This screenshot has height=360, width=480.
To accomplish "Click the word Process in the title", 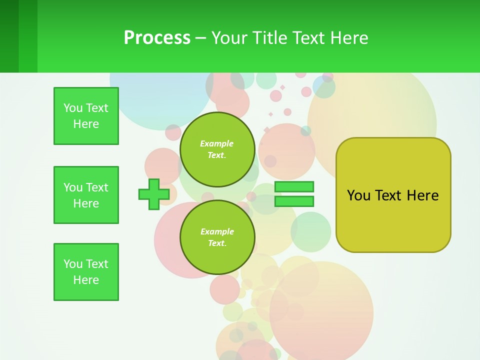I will pyautogui.click(x=157, y=38).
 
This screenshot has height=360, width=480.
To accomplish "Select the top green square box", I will pyautogui.click(x=86, y=116).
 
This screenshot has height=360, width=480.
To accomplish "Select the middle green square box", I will pyautogui.click(x=86, y=195).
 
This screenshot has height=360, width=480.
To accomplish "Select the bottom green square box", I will pyautogui.click(x=86, y=272).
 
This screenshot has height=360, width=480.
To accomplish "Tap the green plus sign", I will pyautogui.click(x=154, y=194).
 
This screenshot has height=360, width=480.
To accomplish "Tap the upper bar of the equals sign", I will pyautogui.click(x=294, y=186).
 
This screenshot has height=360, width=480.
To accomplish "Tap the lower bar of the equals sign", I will pyautogui.click(x=294, y=201).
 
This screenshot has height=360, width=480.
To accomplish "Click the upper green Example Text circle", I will pyautogui.click(x=217, y=149).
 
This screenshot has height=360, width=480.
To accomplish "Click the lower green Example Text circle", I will pyautogui.click(x=217, y=237).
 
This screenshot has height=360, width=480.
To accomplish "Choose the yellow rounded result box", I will pyautogui.click(x=393, y=195).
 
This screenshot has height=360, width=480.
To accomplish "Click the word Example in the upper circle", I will pyautogui.click(x=217, y=143).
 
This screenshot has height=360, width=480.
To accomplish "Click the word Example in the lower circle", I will pyautogui.click(x=217, y=231).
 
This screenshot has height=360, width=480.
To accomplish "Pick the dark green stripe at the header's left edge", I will pyautogui.click(x=9, y=36).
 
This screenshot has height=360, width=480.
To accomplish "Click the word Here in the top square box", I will pyautogui.click(x=86, y=124).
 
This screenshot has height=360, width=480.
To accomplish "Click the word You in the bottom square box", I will pyautogui.click(x=73, y=264).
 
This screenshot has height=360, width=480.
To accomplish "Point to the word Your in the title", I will pyautogui.click(x=229, y=38).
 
